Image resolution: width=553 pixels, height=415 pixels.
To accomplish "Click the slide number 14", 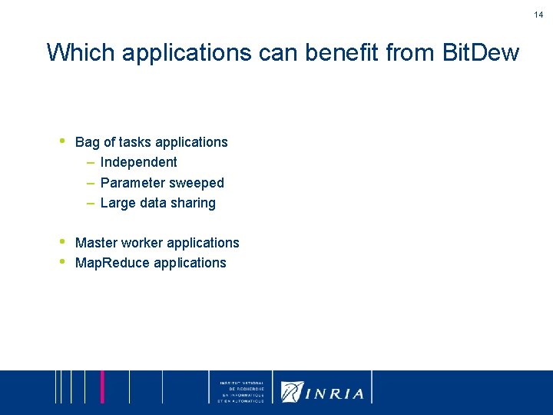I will tap(539, 15).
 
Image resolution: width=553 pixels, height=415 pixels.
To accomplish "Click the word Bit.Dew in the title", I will tap(482, 53).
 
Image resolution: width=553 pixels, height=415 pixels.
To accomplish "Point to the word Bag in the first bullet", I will tap(88, 142).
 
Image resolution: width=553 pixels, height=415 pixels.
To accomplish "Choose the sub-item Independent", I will tap(138, 162).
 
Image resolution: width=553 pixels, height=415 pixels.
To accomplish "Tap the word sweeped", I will tap(196, 183).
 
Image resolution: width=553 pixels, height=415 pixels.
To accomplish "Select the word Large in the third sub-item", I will tap(118, 203).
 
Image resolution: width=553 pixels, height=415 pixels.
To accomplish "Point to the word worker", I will tap(141, 243).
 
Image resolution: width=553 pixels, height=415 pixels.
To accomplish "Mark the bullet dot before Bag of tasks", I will tap(62, 141).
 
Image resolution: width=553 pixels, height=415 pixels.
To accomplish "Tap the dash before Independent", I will tap(90, 162).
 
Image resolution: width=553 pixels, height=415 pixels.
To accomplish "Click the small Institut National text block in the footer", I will tap(241, 392).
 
